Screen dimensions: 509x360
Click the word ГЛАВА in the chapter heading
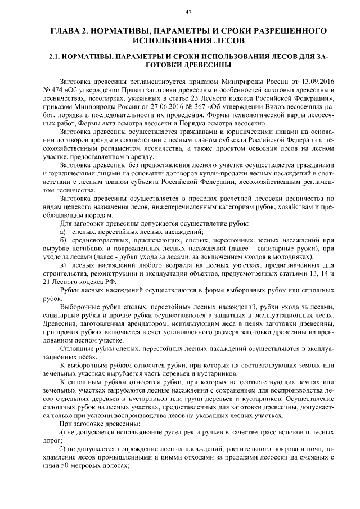tap(65, 30)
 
